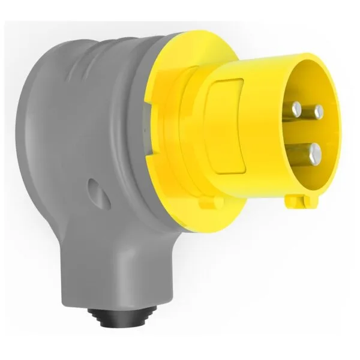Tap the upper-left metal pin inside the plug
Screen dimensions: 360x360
pos(297,109)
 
